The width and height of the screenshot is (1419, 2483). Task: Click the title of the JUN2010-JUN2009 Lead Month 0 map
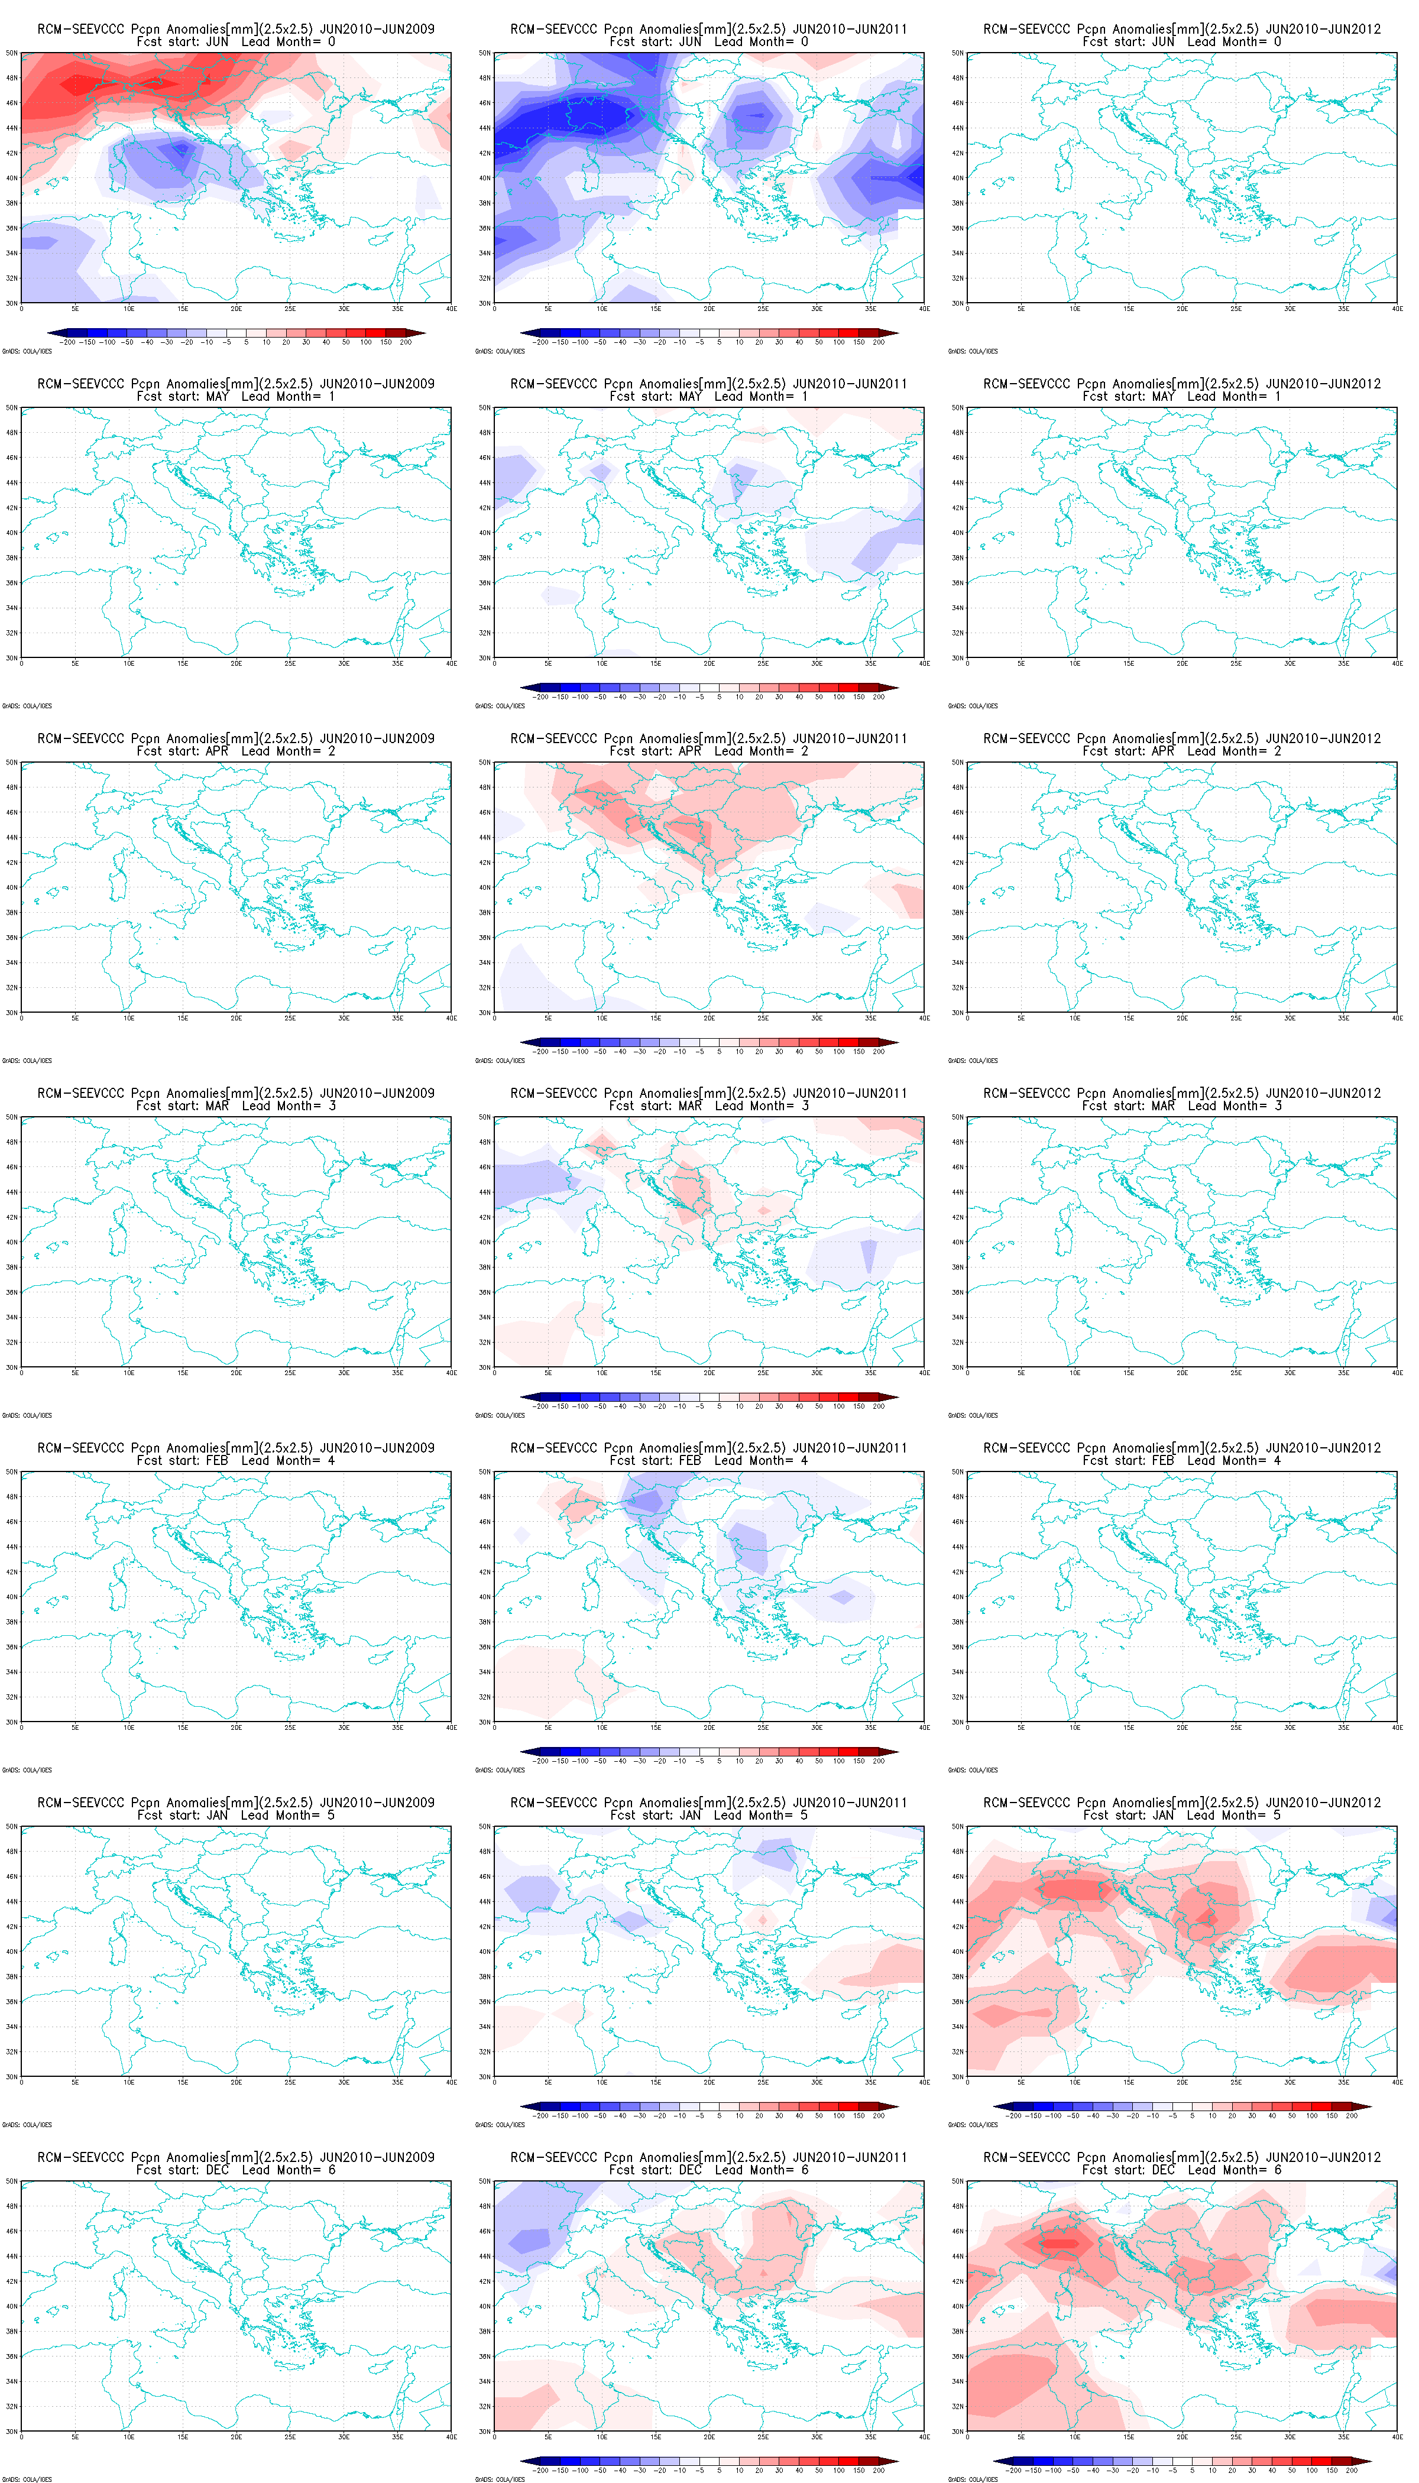coord(236,29)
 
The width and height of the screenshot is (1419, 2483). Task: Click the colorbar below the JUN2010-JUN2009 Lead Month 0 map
coord(236,333)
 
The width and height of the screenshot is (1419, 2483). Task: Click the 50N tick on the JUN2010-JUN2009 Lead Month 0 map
coord(12,53)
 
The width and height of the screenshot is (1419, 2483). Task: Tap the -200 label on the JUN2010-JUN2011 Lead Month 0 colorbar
coord(542,343)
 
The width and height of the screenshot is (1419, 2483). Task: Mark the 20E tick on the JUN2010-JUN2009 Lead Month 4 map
coord(236,1728)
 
